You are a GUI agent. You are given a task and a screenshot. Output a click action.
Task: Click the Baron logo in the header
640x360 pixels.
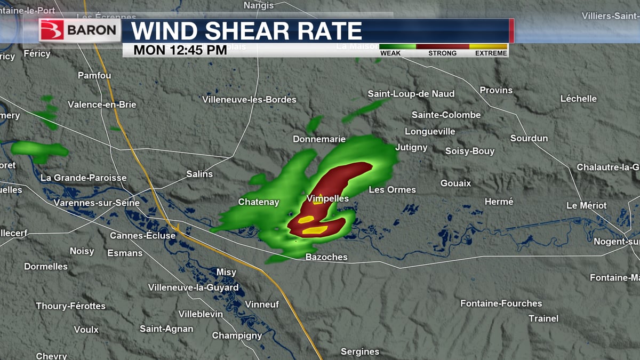[x=79, y=30]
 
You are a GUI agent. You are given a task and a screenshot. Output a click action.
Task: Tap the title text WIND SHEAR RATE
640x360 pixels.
[x=246, y=31]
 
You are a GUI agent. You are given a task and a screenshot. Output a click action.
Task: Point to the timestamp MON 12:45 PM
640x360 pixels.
[x=180, y=50]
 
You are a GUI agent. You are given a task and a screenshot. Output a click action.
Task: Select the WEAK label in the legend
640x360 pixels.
[x=390, y=53]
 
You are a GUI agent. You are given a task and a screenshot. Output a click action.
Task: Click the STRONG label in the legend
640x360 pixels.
[x=442, y=53]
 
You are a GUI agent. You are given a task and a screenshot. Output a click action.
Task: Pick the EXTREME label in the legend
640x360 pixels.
[x=490, y=53]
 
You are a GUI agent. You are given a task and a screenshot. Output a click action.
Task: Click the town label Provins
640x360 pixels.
[x=495, y=90]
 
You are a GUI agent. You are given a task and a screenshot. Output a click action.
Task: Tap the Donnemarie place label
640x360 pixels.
[x=319, y=139]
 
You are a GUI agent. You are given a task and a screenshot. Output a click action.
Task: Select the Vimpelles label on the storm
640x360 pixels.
[x=327, y=198]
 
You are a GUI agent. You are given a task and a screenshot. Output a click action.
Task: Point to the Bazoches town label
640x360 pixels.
[x=326, y=257]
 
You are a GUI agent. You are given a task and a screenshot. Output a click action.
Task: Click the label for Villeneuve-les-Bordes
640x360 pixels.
[x=249, y=100]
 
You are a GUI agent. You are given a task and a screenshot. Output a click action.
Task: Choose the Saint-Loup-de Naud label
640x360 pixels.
[x=411, y=94]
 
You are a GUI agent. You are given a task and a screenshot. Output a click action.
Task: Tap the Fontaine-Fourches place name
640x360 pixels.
[x=501, y=303]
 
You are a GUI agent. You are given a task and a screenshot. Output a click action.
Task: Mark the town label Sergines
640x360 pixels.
[x=360, y=351]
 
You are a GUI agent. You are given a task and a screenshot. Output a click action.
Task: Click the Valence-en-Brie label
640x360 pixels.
[x=102, y=105]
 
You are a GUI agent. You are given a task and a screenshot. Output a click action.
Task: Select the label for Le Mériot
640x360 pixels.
[x=586, y=205]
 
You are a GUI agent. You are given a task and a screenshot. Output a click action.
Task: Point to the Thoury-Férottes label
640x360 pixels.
[x=70, y=306]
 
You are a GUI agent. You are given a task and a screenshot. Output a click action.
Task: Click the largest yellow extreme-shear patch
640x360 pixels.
[x=315, y=230]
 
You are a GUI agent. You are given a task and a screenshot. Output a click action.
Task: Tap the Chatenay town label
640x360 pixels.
[x=258, y=202]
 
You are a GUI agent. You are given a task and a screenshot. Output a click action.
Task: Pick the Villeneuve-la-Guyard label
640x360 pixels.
[x=193, y=287]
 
